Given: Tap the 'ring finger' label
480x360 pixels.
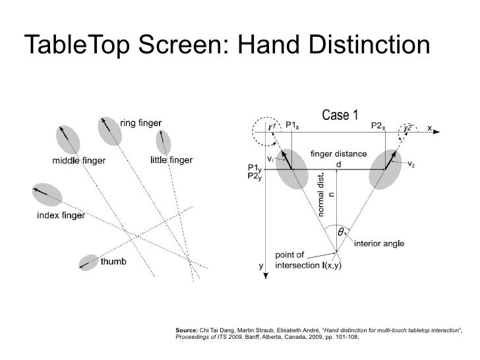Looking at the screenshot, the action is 143,123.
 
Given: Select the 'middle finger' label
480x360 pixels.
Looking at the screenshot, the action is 78,160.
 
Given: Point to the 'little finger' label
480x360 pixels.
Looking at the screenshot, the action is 172,160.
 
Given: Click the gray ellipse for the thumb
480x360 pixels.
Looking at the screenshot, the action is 88,262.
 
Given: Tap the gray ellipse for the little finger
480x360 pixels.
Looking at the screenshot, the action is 162,142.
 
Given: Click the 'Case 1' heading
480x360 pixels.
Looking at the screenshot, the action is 340,116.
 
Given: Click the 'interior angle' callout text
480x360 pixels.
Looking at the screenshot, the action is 379,243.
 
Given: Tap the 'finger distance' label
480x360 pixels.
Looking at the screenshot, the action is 338,154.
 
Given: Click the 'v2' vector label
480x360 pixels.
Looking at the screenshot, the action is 411,163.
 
